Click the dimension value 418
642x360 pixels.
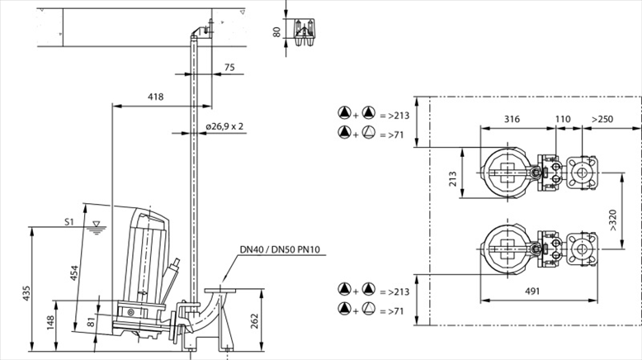[155, 97]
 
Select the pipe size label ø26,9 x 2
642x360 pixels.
[224, 126]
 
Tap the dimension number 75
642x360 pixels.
[229, 68]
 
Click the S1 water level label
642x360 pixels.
[69, 222]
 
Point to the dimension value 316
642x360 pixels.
[512, 120]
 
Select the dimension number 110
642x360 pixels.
[562, 120]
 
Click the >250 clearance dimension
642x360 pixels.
[602, 120]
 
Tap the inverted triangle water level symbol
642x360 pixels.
[97, 224]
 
